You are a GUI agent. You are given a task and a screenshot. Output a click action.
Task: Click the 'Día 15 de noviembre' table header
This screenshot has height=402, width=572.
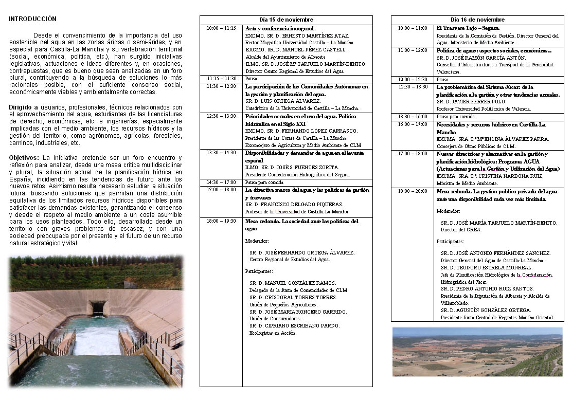coord(286,20)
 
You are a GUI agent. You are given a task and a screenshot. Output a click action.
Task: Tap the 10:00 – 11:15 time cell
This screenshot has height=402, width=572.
coord(221,28)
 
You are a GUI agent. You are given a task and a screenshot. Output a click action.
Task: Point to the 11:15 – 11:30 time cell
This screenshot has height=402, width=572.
coord(221,79)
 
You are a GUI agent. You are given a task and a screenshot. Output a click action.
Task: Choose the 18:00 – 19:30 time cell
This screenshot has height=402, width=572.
coord(221,222)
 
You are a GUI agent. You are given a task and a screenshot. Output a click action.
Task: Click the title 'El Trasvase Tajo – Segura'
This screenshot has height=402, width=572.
coord(468,28)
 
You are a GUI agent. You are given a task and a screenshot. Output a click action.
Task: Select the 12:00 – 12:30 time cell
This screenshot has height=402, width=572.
coord(413,80)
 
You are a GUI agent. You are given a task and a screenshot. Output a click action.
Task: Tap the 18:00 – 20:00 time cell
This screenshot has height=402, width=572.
coord(413,191)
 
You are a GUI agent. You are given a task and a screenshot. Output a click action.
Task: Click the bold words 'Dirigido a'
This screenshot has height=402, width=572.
coord(24,107)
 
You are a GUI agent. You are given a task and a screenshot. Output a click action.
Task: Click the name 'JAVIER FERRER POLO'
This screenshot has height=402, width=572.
coord(480,102)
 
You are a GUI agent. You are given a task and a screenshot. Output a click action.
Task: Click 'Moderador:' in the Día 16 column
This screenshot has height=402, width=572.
coord(449,211)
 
